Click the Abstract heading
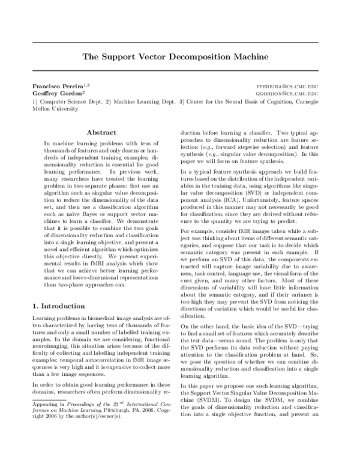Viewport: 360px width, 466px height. coord(101,132)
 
